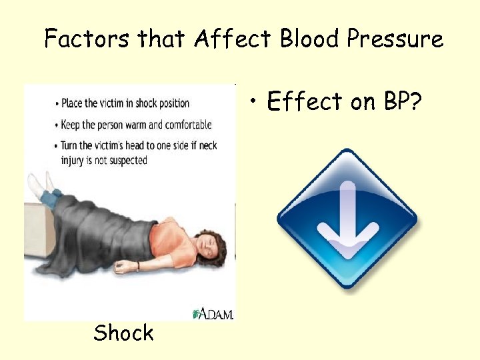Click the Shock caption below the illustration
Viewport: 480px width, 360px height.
(123, 332)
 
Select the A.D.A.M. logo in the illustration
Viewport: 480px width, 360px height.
(213, 313)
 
